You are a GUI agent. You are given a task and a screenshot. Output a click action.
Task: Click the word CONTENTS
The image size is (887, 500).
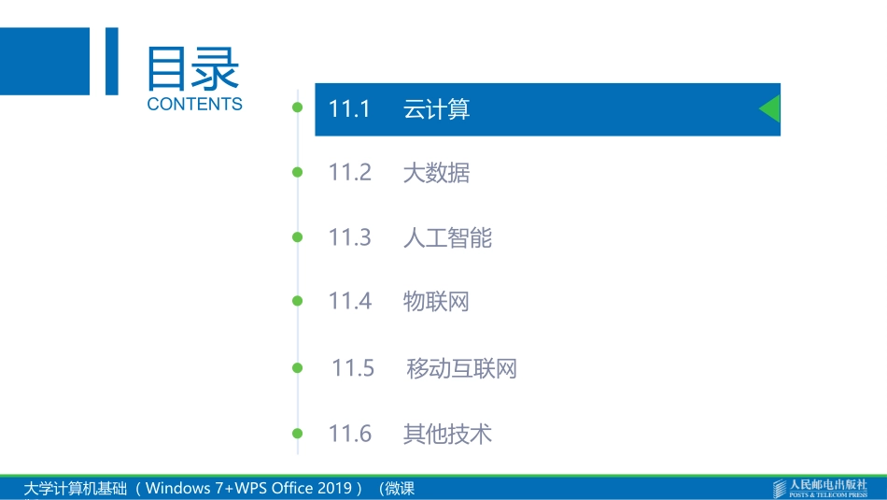[194, 105]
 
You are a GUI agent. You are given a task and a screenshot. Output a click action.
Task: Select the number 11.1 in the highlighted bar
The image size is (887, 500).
[350, 109]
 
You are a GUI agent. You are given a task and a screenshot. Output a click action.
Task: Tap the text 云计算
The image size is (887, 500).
[436, 109]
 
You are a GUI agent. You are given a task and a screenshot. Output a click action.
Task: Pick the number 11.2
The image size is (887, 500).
[350, 172]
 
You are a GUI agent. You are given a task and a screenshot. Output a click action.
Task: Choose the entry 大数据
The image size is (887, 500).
[436, 173]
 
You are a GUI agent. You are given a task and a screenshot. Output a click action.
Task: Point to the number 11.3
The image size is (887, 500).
[350, 237]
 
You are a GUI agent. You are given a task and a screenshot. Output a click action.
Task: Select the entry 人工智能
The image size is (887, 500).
[447, 238]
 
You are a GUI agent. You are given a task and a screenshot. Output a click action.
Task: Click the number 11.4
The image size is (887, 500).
[350, 301]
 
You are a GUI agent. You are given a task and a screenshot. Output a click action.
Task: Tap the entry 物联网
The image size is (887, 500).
[436, 302]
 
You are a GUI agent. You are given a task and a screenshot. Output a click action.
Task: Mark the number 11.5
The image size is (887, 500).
[353, 368]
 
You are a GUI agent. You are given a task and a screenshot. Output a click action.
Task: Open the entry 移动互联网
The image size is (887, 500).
[461, 369]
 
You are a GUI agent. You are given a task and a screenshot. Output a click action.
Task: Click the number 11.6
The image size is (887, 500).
[350, 434]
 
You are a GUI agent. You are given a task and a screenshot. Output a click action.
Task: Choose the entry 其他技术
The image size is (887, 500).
[447, 435]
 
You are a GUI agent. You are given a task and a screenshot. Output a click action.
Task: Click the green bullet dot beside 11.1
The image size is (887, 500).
[298, 107]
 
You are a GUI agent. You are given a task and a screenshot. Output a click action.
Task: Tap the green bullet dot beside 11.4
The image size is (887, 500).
[298, 301]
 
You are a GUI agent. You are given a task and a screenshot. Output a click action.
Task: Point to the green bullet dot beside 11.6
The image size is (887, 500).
[298, 433]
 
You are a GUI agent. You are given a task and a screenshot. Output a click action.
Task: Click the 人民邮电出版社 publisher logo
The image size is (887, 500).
[821, 488]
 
